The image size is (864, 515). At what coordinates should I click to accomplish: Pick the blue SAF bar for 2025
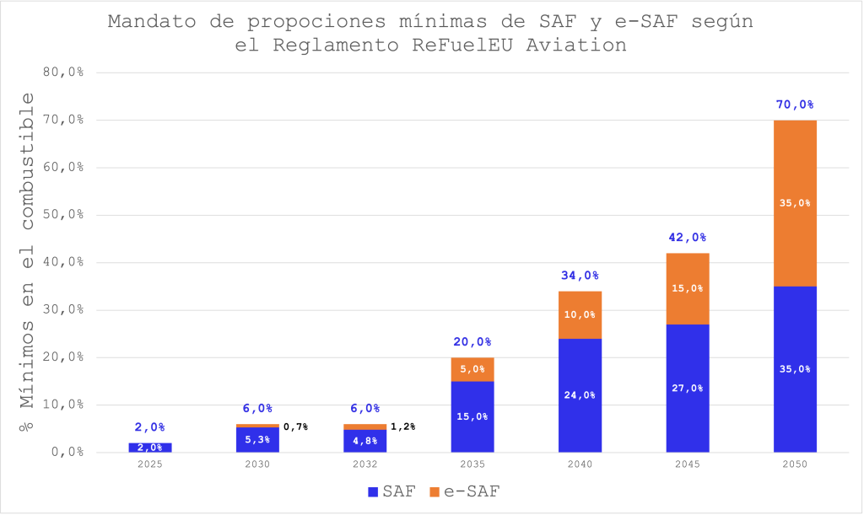150,447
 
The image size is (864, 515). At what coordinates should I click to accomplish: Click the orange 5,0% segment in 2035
472,369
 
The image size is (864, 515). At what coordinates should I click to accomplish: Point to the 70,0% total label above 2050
795,105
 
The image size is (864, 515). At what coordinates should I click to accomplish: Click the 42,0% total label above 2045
687,238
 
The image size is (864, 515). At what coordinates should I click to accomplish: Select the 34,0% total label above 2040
580,276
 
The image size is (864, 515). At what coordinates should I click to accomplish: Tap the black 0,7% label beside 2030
295,426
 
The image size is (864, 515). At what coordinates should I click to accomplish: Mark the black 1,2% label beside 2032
403,426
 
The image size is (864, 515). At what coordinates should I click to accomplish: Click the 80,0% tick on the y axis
63,72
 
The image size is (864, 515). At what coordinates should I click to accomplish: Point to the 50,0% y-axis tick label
63,215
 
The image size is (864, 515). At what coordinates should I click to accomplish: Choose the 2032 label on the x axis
364,464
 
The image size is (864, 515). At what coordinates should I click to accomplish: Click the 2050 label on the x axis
795,464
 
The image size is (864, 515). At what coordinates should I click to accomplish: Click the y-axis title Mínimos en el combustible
27,261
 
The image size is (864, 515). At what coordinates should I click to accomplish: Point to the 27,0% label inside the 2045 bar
687,389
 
